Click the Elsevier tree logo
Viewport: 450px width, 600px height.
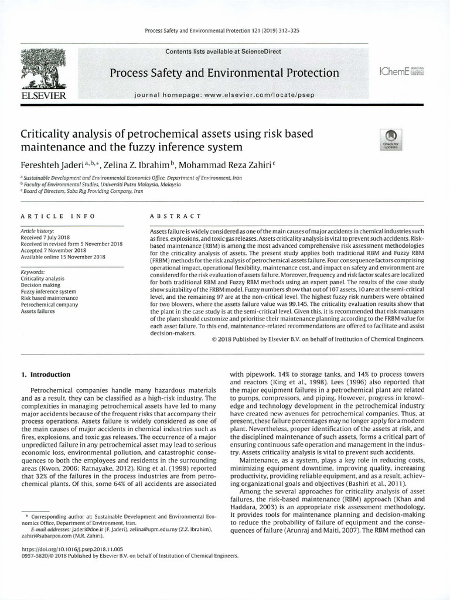(43, 69)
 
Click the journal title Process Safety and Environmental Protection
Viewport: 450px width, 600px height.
(224, 73)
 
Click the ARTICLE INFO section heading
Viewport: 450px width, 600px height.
(54, 216)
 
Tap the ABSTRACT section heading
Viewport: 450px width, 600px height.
(176, 216)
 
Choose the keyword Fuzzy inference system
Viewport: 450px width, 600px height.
(49, 291)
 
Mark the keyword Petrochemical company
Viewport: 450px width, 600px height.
(50, 305)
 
